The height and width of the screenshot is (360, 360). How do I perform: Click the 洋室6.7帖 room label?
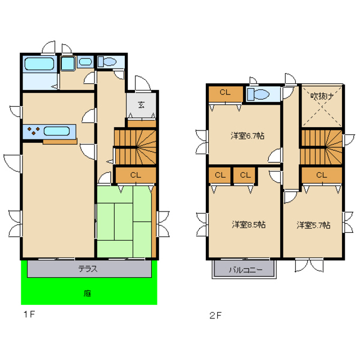[247, 136]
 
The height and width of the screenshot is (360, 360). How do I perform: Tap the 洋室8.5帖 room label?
[249, 224]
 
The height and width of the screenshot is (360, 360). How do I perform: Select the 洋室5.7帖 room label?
[313, 225]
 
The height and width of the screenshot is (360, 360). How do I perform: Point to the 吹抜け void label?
[322, 96]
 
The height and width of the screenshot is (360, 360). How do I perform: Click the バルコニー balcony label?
[245, 269]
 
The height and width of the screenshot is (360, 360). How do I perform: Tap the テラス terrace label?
[88, 269]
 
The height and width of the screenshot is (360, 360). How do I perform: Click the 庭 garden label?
[87, 293]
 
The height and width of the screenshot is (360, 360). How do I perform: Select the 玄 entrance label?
[141, 105]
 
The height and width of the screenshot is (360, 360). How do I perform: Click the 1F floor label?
[29, 314]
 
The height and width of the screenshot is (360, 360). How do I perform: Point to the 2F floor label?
[215, 316]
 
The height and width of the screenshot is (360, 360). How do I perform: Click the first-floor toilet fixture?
[107, 61]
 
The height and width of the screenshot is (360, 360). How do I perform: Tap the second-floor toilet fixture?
[258, 94]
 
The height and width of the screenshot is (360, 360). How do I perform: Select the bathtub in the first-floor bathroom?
[39, 64]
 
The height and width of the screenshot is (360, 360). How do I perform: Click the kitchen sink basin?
[57, 131]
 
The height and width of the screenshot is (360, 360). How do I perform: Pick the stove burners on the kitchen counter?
[34, 131]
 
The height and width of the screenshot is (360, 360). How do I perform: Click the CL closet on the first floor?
[136, 175]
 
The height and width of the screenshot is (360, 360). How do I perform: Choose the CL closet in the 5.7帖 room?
[321, 175]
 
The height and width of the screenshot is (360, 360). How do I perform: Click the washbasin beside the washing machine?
[85, 61]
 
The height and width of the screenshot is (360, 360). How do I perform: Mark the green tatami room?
[124, 222]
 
